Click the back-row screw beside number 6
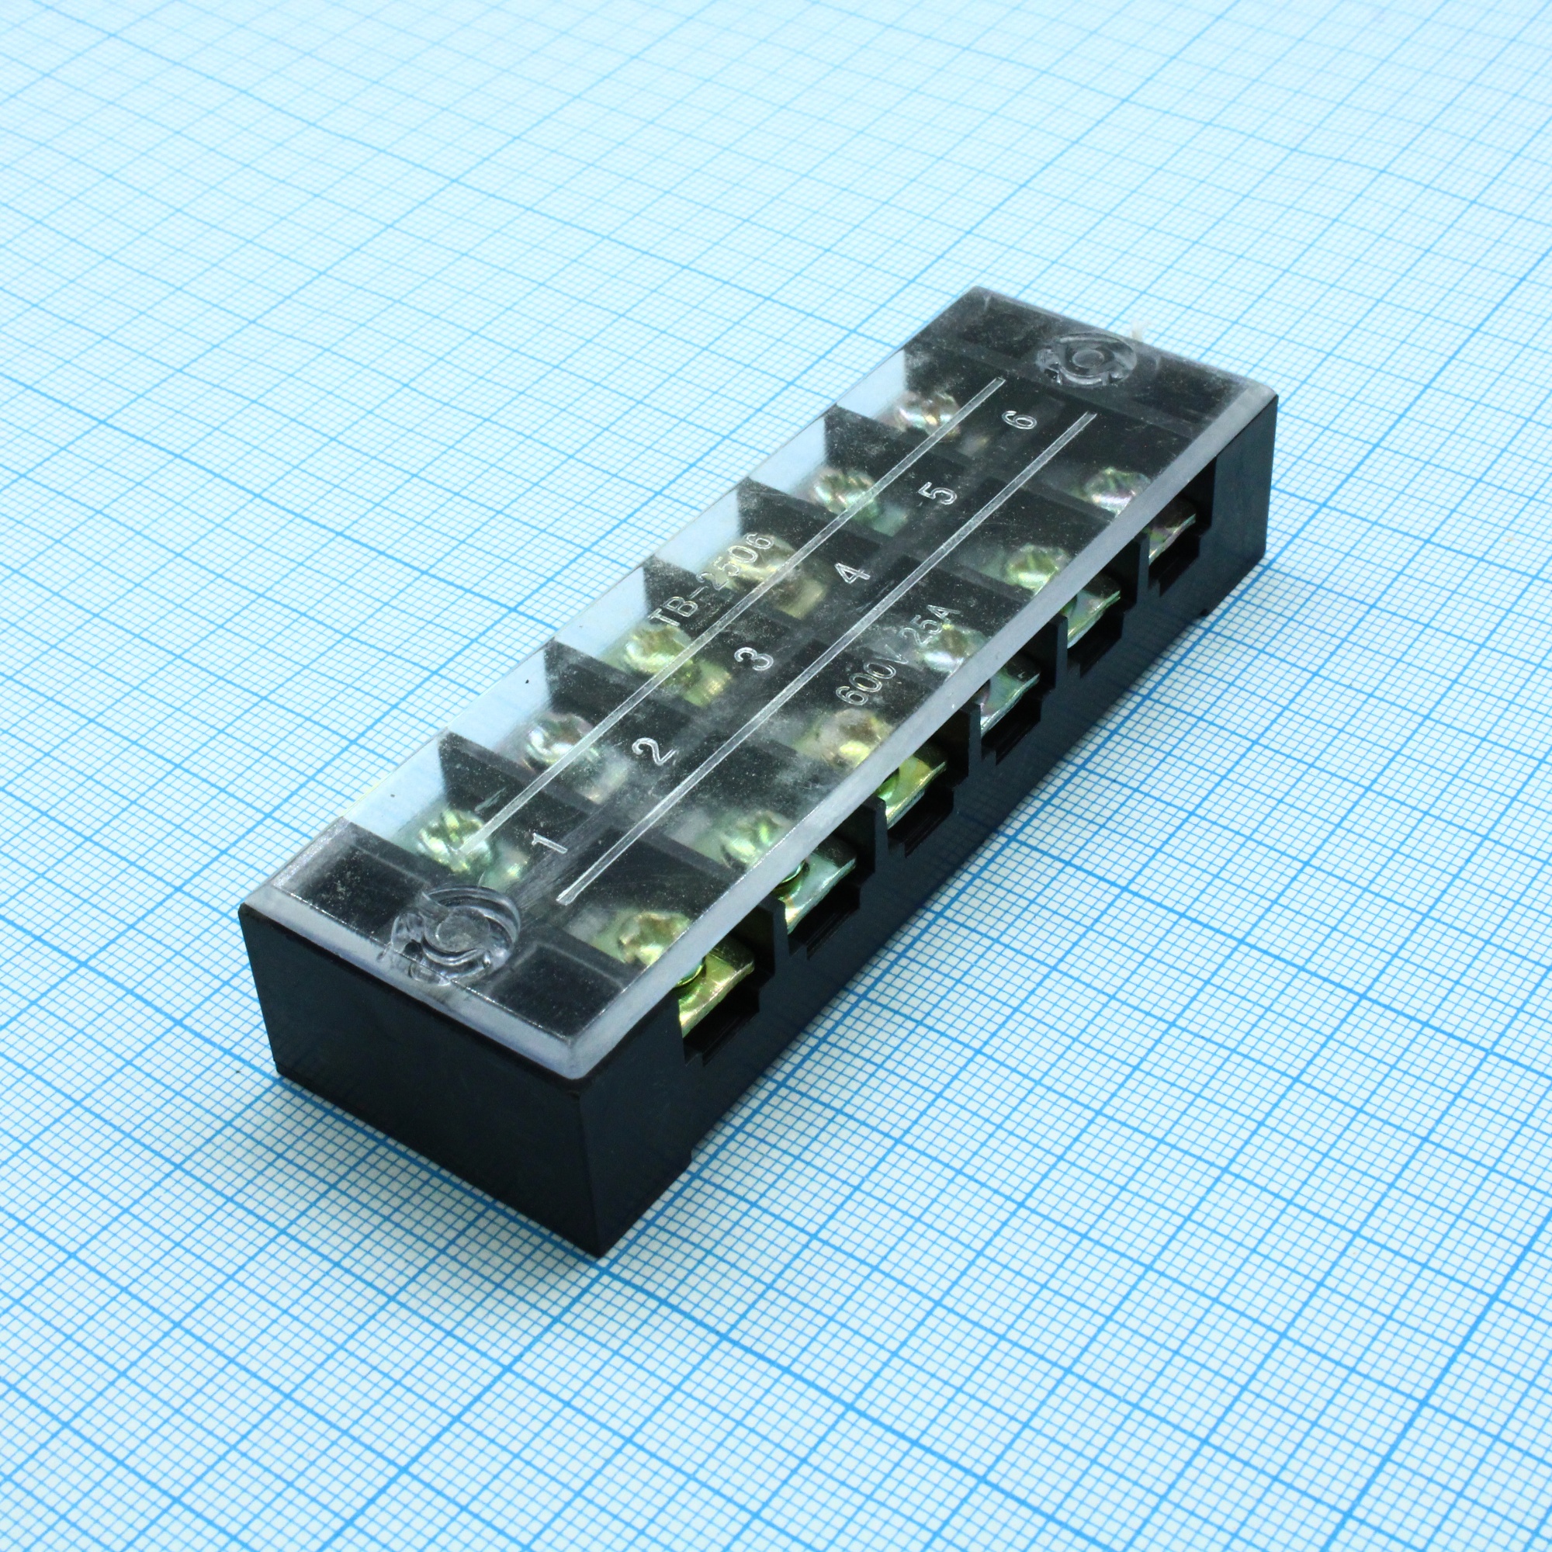[x=923, y=414]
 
